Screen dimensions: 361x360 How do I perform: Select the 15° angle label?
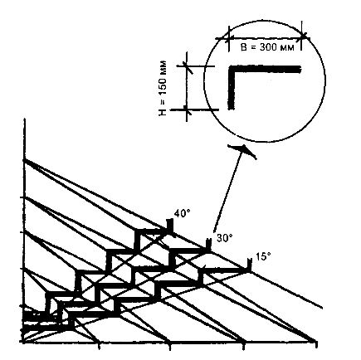click(x=262, y=256)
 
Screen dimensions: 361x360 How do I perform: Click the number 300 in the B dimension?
click(x=268, y=47)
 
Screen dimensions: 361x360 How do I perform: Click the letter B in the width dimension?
click(x=244, y=47)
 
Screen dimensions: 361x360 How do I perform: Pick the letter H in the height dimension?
click(x=163, y=112)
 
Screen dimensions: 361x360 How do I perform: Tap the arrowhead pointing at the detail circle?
click(x=243, y=150)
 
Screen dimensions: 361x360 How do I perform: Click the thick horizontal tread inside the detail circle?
click(x=265, y=69)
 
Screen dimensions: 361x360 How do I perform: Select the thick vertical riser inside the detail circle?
click(x=232, y=87)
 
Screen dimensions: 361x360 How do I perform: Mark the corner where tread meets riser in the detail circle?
click(x=232, y=69)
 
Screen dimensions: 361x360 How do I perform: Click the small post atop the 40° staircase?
click(x=169, y=225)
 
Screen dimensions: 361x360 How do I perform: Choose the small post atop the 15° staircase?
click(x=249, y=264)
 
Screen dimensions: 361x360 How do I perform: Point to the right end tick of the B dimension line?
click(x=302, y=36)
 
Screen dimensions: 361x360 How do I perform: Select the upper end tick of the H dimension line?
click(x=188, y=66)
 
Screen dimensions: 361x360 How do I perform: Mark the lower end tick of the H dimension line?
click(x=187, y=109)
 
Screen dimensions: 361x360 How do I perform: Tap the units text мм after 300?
click(x=285, y=48)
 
